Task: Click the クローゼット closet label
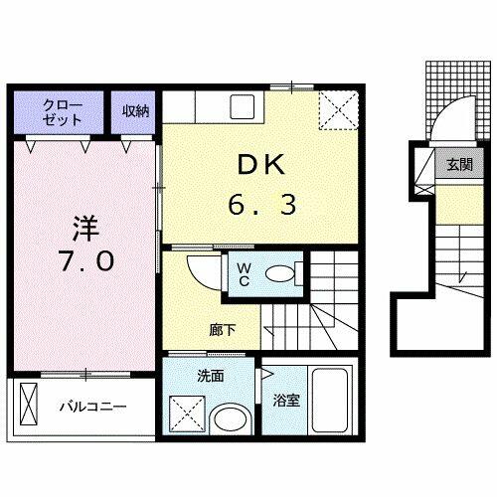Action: [63, 112]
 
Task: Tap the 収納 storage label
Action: [135, 111]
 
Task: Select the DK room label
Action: [261, 165]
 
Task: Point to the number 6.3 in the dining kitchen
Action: [261, 205]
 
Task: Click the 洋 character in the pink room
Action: [86, 229]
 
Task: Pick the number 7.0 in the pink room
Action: [86, 260]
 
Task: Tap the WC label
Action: [245, 274]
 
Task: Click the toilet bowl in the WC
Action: [280, 274]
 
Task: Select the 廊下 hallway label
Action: [223, 330]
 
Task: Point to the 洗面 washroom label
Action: [211, 377]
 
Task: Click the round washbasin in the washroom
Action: [230, 418]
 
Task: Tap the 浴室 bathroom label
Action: [286, 401]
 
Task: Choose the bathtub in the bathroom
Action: [329, 401]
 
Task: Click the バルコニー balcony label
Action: [93, 407]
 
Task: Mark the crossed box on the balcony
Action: [29, 404]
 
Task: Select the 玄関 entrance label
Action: [459, 164]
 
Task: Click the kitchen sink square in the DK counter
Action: [243, 106]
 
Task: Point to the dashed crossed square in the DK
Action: [339, 110]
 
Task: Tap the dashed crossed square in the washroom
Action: [187, 414]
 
